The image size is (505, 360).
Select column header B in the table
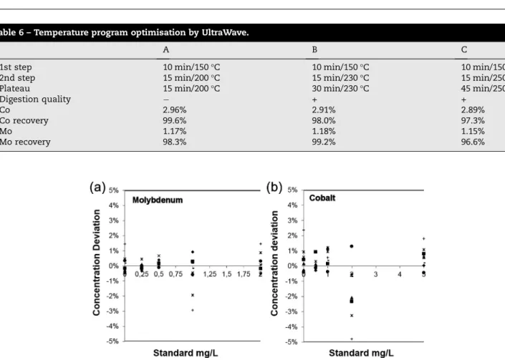pyautogui.click(x=314, y=49)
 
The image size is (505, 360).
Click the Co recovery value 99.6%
pyautogui.click(x=175, y=121)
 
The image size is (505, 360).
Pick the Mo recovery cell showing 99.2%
pyautogui.click(x=324, y=142)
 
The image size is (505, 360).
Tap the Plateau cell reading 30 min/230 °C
pyautogui.click(x=340, y=89)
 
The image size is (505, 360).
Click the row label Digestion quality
pyautogui.click(x=35, y=99)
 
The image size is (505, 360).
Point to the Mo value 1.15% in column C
pyautogui.click(x=473, y=131)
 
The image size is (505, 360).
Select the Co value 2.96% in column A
pyautogui.click(x=175, y=110)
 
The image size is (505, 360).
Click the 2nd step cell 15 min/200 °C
pyautogui.click(x=191, y=78)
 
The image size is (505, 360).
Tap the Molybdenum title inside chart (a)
pyautogui.click(x=158, y=200)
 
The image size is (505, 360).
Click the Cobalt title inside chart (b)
pyautogui.click(x=322, y=198)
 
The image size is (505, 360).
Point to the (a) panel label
pyautogui.click(x=97, y=188)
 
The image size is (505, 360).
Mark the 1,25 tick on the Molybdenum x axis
pyautogui.click(x=210, y=274)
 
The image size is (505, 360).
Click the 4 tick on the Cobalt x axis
pyautogui.click(x=400, y=274)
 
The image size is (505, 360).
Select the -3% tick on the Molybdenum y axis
pyautogui.click(x=112, y=311)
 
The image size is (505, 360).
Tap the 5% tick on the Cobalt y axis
pyautogui.click(x=292, y=190)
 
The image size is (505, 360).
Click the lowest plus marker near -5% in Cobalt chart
pyautogui.click(x=352, y=339)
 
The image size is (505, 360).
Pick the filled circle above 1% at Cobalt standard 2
pyautogui.click(x=352, y=246)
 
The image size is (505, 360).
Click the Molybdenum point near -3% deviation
pyautogui.click(x=193, y=310)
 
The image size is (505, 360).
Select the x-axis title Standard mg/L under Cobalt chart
pyautogui.click(x=361, y=353)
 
